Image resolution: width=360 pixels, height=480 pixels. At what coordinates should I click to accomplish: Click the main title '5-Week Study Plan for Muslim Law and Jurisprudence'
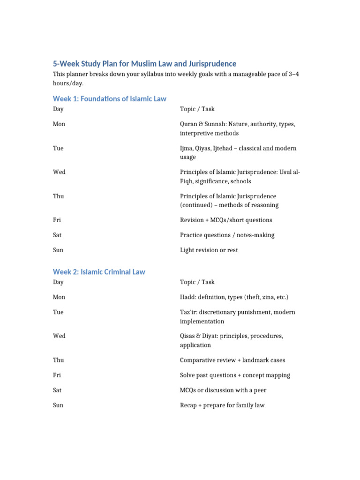pyautogui.click(x=144, y=64)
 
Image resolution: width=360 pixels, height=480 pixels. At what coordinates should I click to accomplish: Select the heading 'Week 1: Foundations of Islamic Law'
pyautogui.click(x=109, y=99)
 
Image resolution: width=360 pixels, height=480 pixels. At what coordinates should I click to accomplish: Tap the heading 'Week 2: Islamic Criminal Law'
pyautogui.click(x=99, y=272)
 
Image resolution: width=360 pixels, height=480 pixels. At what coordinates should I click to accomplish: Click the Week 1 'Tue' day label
pyautogui.click(x=58, y=148)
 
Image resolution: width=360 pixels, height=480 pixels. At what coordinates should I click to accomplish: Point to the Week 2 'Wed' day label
pyautogui.click(x=59, y=336)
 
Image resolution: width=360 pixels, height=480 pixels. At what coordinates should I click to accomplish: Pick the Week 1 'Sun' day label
pyautogui.click(x=58, y=250)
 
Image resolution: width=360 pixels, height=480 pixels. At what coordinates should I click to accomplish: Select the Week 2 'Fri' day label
pyautogui.click(x=57, y=375)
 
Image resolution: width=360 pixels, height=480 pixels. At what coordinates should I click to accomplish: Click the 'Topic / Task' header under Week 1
pyautogui.click(x=197, y=109)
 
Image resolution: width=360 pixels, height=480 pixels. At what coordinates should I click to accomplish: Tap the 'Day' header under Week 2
pyautogui.click(x=58, y=282)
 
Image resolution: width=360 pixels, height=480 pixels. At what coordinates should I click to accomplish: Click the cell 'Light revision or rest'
pyautogui.click(x=209, y=250)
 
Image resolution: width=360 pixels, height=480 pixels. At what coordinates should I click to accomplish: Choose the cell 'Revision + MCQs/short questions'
pyautogui.click(x=226, y=220)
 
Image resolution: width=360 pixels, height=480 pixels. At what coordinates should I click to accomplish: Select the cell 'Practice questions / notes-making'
pyautogui.click(x=227, y=235)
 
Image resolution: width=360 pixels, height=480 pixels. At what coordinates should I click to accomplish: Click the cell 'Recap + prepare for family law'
pyautogui.click(x=222, y=405)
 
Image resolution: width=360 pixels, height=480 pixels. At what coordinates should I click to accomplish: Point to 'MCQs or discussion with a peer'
pyautogui.click(x=223, y=390)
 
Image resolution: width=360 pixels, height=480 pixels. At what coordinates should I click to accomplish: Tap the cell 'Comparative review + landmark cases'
pyautogui.click(x=232, y=360)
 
